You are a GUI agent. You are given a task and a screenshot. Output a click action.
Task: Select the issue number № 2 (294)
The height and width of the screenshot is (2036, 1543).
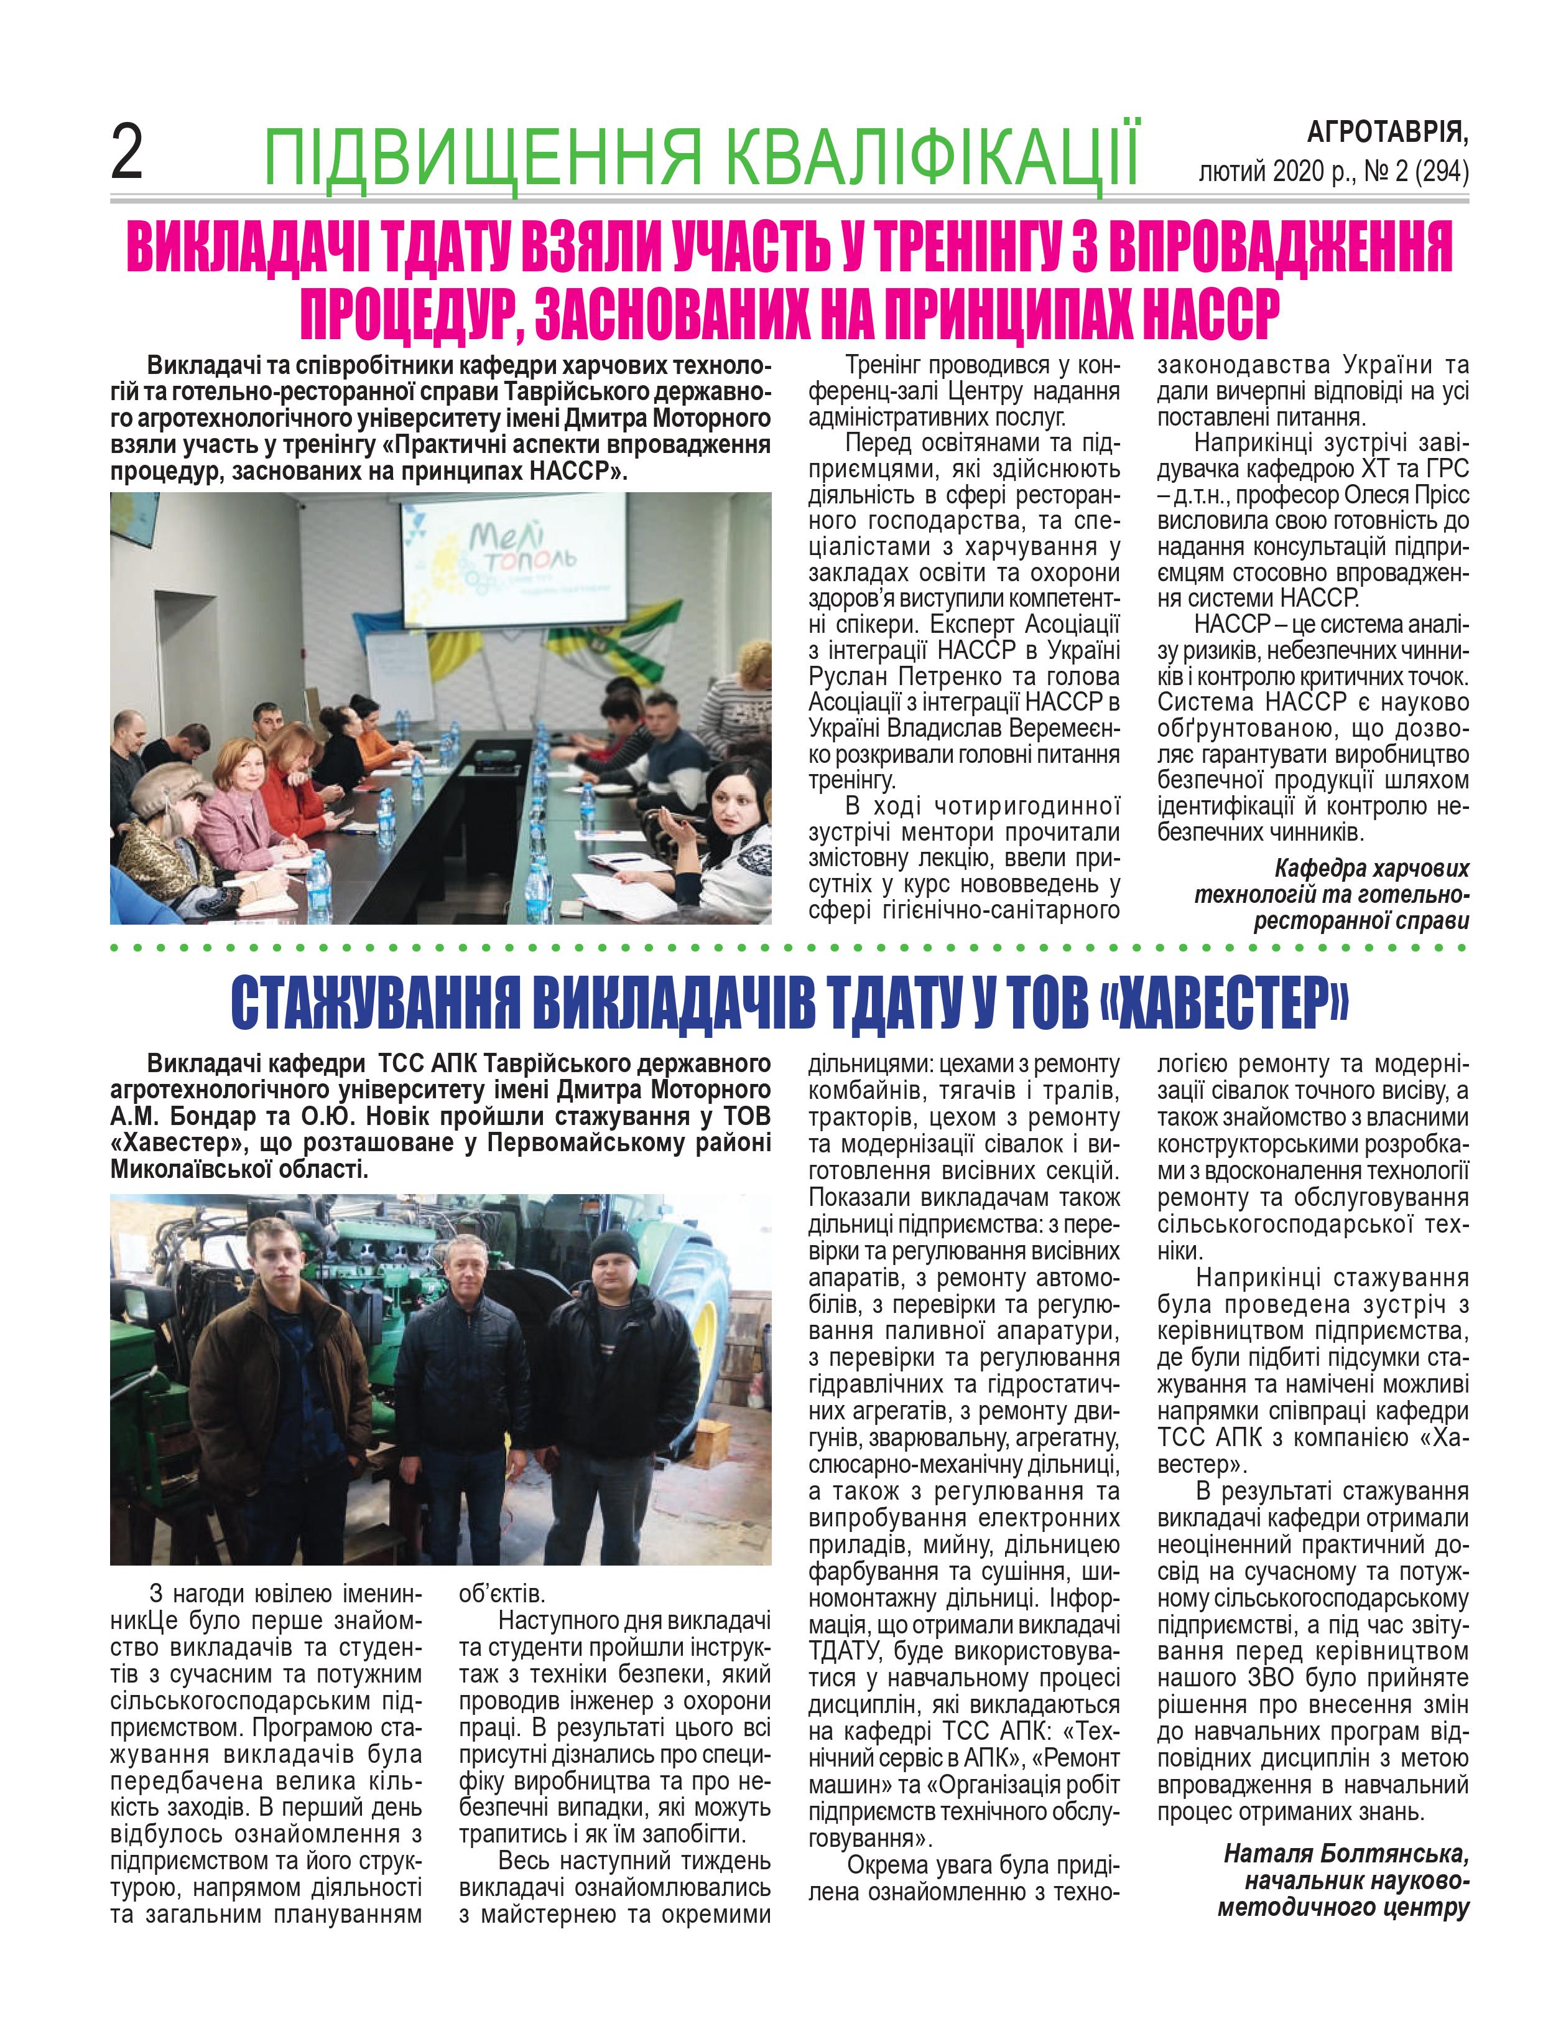[1416, 172]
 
